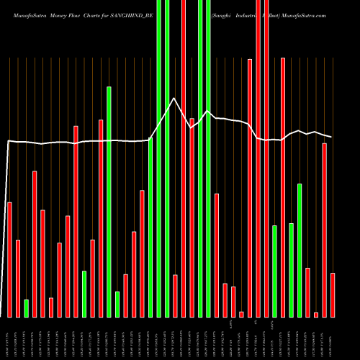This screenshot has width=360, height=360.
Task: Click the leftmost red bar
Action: pos(9,259)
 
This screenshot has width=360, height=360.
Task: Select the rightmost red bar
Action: pos(332,295)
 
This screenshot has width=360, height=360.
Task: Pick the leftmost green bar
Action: pos(26,308)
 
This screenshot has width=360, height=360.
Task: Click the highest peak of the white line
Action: pos(174,99)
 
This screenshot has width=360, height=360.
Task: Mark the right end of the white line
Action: pos(332,137)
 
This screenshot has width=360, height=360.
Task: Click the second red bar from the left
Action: pos(18,278)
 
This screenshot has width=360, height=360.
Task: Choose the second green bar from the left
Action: pos(84,294)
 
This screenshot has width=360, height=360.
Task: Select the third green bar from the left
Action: pos(109,202)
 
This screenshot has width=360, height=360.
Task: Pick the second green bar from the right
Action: pos(291,270)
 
